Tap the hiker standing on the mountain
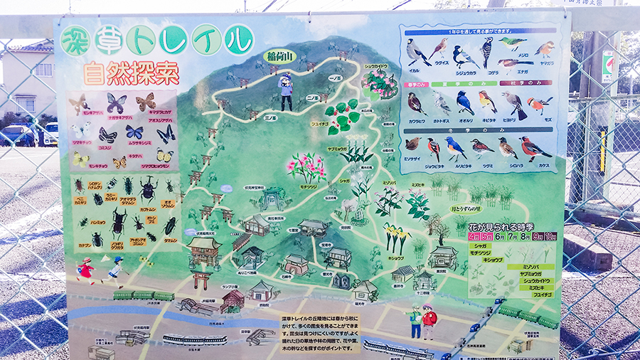click(286, 91)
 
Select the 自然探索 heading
click(130, 73)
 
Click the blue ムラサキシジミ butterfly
click(134, 132)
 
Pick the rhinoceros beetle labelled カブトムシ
click(148, 190)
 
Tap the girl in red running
click(87, 269)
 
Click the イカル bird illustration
click(417, 52)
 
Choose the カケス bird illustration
click(534, 149)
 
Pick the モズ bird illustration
click(538, 105)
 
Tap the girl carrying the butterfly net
click(115, 269)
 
